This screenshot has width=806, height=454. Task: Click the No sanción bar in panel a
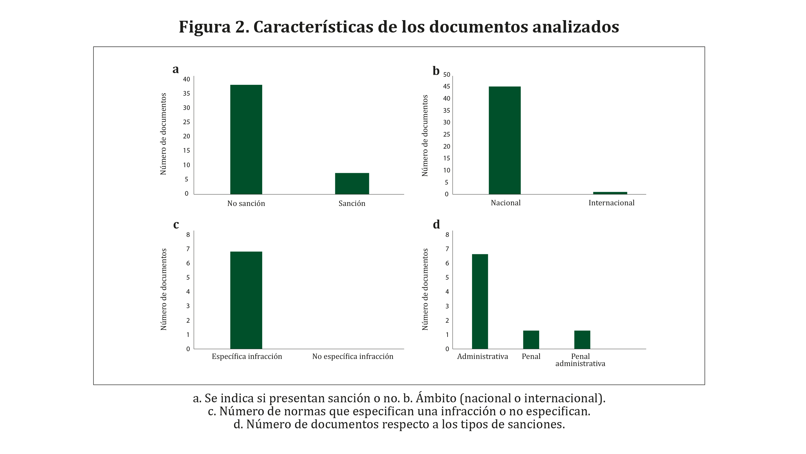pos(246,139)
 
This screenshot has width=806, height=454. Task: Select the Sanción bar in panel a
pos(352,183)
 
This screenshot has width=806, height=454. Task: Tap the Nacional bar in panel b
pos(505,140)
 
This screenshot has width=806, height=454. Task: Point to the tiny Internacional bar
pos(610,193)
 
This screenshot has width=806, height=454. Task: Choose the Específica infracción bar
pos(246,300)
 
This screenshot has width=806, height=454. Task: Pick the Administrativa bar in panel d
pos(480,301)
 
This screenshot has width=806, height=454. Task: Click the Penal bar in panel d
pos(531,339)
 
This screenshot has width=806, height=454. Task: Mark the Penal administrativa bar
pos(582,339)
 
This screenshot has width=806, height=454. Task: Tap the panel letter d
pos(436,225)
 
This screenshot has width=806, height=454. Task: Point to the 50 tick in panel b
pos(447,75)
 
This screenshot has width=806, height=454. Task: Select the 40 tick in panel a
pos(186,79)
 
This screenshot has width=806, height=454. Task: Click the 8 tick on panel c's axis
pos(188,235)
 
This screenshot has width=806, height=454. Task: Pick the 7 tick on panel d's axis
pos(447,249)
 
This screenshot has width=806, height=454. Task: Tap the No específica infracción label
pos(353,356)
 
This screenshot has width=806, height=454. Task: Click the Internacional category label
pos(611,203)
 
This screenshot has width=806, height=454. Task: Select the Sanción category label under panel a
pos(352,203)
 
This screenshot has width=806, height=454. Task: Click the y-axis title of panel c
pos(164,289)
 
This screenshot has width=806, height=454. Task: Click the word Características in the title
pos(313,27)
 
